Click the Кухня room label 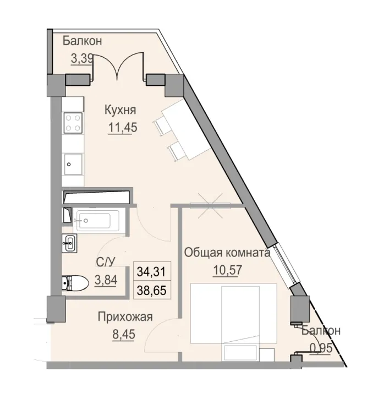point(120,110)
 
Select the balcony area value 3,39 point(81,58)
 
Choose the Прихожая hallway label point(124,316)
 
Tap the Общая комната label point(227,253)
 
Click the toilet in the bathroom point(75,284)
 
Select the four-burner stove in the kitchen point(73,122)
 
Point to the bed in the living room point(233,314)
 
